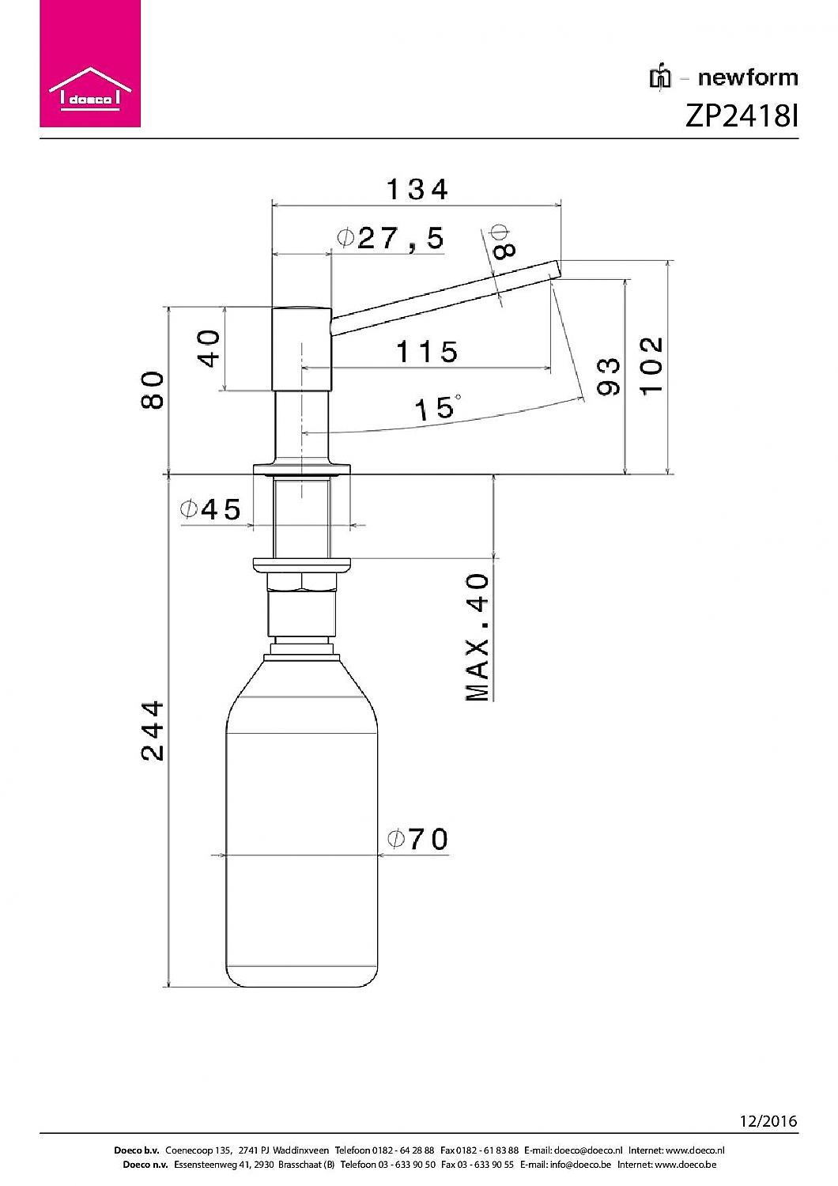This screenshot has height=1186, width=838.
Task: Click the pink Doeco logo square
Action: (x=90, y=63)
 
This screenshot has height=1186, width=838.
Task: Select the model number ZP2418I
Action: (x=741, y=116)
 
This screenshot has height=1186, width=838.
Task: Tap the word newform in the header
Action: (x=747, y=77)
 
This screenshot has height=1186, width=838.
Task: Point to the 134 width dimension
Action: (x=417, y=190)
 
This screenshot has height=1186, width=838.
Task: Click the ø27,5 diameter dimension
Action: (x=391, y=239)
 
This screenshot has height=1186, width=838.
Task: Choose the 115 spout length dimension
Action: (x=427, y=352)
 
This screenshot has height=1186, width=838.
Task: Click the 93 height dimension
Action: (x=608, y=376)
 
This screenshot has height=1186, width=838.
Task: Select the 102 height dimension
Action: (x=651, y=365)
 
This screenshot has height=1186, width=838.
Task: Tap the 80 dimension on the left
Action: (x=153, y=390)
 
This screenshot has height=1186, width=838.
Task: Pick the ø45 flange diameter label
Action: (x=210, y=509)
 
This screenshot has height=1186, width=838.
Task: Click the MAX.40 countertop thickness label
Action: (x=477, y=637)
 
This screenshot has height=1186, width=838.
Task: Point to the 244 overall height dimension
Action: (x=153, y=731)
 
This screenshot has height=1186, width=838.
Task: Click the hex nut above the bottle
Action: (x=302, y=583)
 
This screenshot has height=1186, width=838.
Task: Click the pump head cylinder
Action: (x=302, y=349)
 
